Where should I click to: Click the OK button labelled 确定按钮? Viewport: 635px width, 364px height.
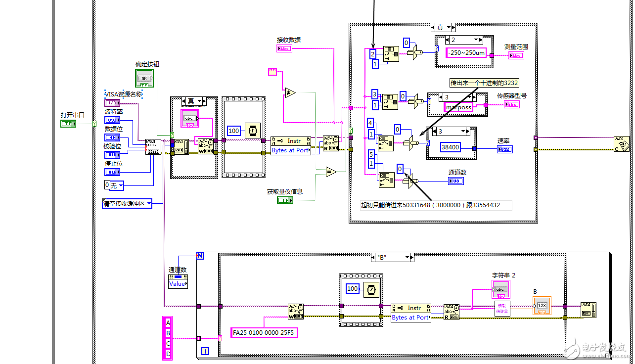click(144, 78)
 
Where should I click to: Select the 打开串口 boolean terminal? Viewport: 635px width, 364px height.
click(68, 123)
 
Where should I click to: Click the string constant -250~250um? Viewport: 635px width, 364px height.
click(466, 53)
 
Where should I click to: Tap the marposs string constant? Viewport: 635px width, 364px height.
click(458, 107)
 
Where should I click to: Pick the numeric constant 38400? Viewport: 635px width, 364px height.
click(450, 147)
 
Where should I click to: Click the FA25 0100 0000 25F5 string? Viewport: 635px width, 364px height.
click(264, 333)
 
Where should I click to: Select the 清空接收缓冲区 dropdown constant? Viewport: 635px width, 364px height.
click(127, 203)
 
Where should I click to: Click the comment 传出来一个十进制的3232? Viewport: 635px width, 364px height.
click(484, 83)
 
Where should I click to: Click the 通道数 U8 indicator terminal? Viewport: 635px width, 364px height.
click(456, 181)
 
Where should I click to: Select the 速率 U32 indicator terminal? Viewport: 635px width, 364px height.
click(505, 149)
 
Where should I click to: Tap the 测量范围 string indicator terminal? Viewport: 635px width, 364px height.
click(516, 55)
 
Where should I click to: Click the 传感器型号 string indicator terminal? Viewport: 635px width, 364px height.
click(511, 104)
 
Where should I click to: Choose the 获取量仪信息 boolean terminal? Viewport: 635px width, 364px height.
click(284, 200)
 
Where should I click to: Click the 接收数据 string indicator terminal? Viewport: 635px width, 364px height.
click(284, 48)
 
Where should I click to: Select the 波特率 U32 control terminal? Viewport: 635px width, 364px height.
click(112, 120)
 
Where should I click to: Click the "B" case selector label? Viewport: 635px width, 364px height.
click(393, 258)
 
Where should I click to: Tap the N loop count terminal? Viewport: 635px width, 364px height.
click(200, 256)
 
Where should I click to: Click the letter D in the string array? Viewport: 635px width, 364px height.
click(168, 354)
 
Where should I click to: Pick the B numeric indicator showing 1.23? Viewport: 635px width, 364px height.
click(541, 306)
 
